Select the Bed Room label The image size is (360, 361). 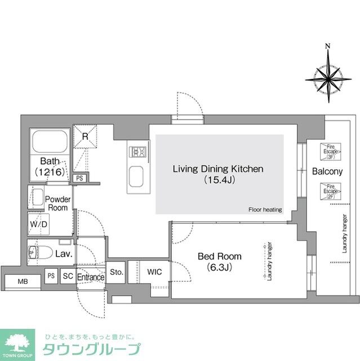click(211, 261)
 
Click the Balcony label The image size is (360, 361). click(326, 171)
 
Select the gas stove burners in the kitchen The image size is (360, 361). click(137, 151)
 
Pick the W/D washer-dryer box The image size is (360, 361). click(38, 224)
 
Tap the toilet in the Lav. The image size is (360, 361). click(39, 252)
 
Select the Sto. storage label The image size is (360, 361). click(117, 272)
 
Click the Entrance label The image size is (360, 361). click(91, 277)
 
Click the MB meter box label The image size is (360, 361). click(23, 281)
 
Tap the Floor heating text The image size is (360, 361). click(265, 209)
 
